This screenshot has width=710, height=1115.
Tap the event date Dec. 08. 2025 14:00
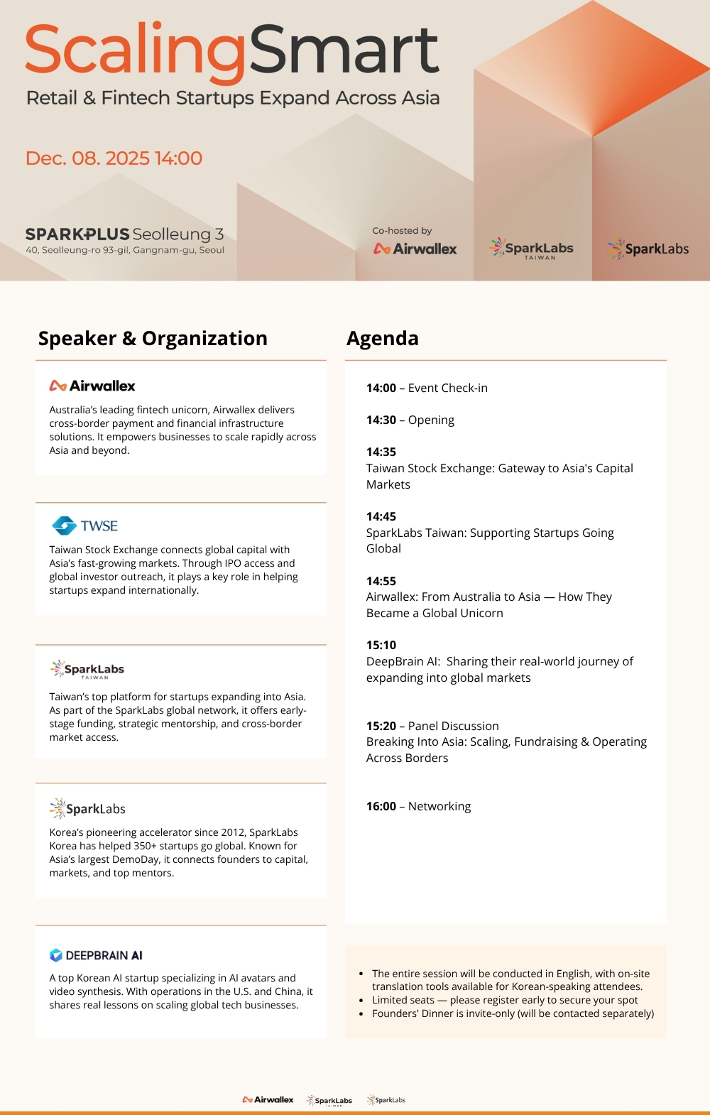tap(114, 158)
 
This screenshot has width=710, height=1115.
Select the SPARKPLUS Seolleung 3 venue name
tap(124, 234)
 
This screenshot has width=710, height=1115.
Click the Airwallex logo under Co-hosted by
tap(415, 249)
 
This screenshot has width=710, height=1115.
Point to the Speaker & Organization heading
tap(153, 339)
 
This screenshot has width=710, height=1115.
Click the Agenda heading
tap(382, 339)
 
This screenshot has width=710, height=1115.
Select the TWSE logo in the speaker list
tap(85, 526)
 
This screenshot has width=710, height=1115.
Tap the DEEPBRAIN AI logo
tap(96, 955)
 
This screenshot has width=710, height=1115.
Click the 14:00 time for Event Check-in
tap(381, 388)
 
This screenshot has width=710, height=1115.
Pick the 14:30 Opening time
tap(381, 420)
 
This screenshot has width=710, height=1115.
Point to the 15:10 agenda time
tap(381, 645)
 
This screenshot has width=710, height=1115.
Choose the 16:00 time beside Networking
tap(381, 806)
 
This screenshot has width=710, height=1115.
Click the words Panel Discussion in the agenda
tap(453, 726)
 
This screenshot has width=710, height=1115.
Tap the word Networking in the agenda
tap(439, 806)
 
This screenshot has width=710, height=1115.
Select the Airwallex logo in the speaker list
tap(92, 386)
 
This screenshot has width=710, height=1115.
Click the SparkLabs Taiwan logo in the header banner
tap(532, 249)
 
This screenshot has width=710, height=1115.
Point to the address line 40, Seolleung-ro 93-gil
tap(125, 250)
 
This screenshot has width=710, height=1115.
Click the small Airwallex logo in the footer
tap(268, 1099)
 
